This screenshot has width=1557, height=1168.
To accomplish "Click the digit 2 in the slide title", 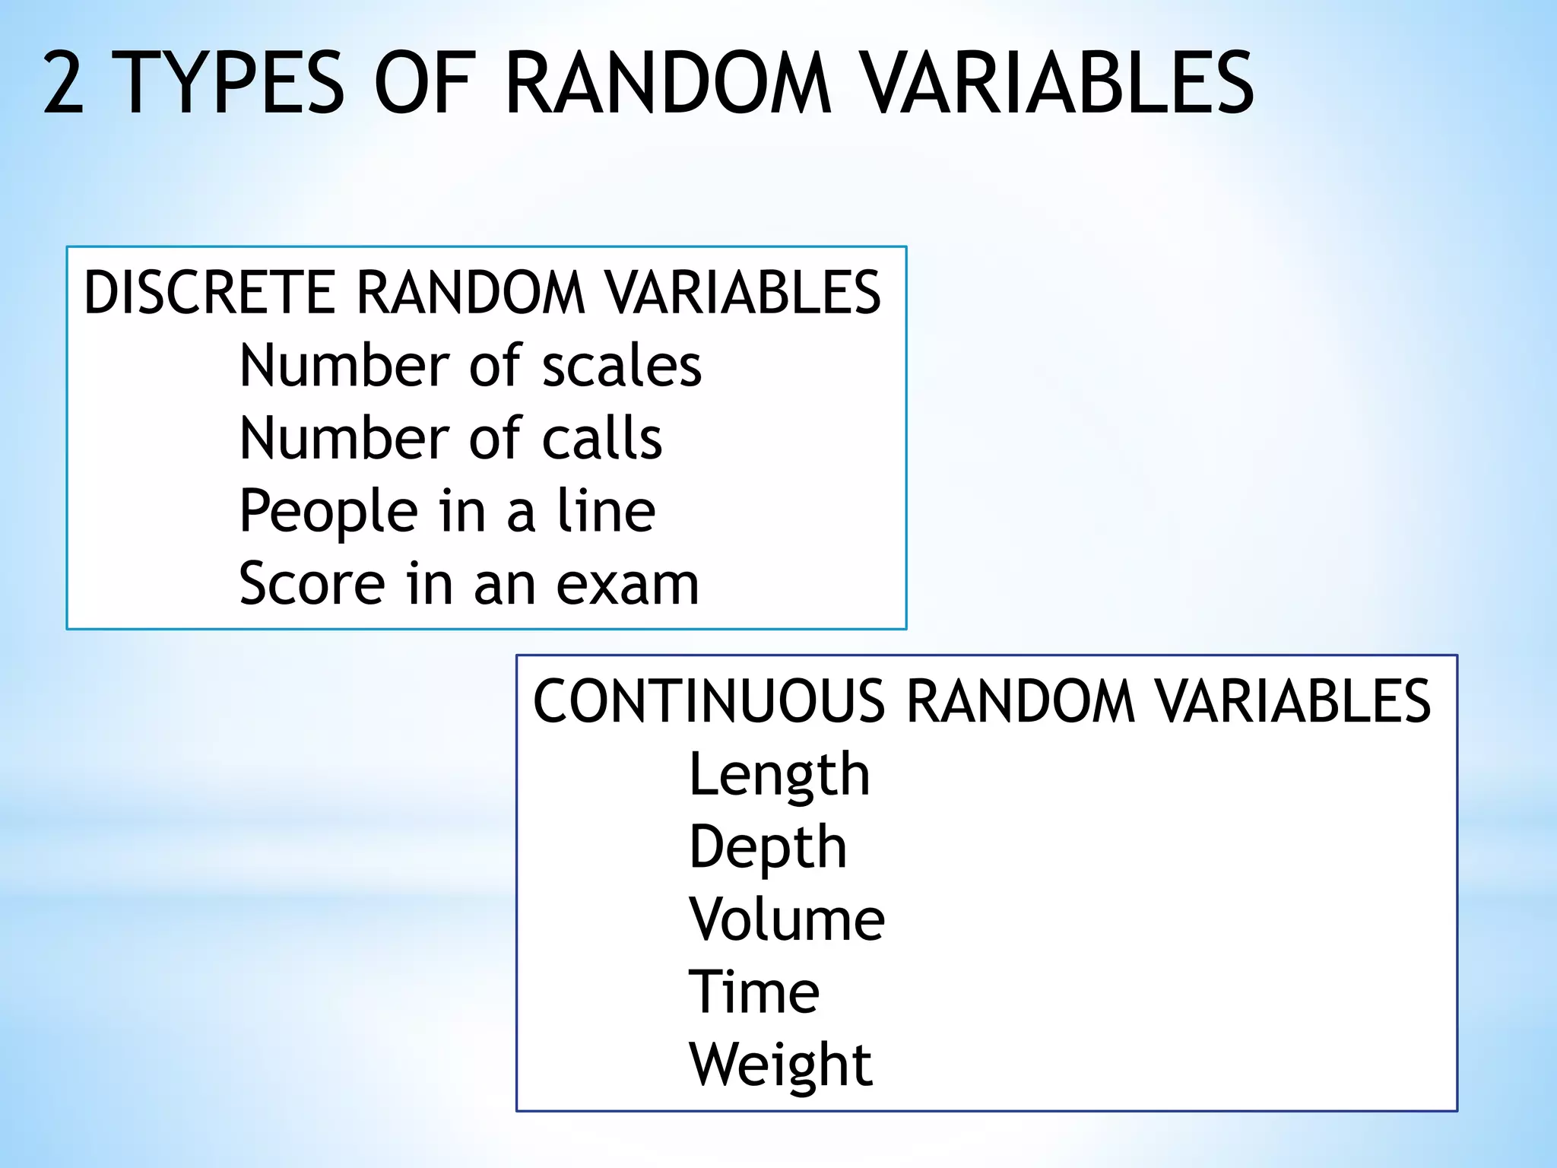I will pyautogui.click(x=64, y=83).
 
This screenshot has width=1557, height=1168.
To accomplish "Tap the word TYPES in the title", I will pyautogui.click(x=233, y=83).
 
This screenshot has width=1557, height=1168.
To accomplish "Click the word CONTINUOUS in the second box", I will pyautogui.click(x=709, y=701).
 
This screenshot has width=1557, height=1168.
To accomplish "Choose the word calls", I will pyautogui.click(x=602, y=439).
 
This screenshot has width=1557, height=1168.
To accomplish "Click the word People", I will pyautogui.click(x=328, y=512).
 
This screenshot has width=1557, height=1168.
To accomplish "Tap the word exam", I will pyautogui.click(x=627, y=585).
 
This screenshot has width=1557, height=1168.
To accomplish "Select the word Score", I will pyautogui.click(x=312, y=584).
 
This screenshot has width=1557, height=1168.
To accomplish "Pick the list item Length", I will pyautogui.click(x=779, y=775).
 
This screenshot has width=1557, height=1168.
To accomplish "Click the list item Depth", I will pyautogui.click(x=768, y=847).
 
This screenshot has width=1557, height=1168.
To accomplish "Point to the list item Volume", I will pyautogui.click(x=787, y=919).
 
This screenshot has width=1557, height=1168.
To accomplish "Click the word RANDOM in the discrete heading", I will pyautogui.click(x=471, y=292).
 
